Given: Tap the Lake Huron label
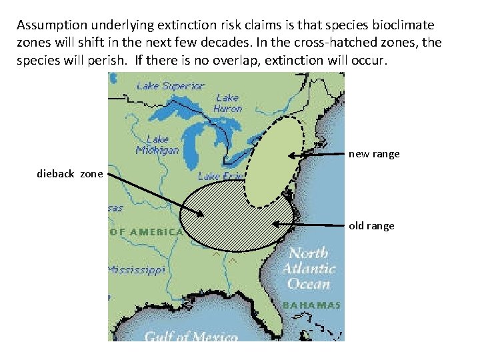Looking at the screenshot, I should click(227, 103).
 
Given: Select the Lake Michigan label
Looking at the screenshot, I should click(157, 144).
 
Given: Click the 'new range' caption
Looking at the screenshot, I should click(374, 154).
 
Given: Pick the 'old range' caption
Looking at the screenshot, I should click(371, 226).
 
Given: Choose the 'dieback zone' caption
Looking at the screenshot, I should click(70, 174).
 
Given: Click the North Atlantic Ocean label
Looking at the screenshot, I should click(308, 269).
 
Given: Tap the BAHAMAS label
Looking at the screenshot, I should click(312, 305).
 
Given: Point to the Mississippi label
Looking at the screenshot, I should click(137, 271).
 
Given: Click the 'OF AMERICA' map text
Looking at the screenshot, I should click(146, 232).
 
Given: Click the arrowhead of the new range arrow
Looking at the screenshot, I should click(291, 156).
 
